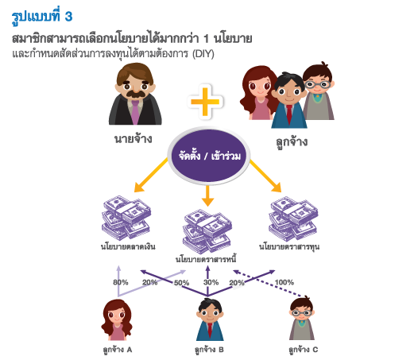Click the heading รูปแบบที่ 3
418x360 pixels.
(x=42, y=17)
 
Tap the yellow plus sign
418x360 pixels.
(x=205, y=102)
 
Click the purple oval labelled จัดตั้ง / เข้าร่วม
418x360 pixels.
(x=209, y=156)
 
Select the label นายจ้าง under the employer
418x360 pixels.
(x=134, y=138)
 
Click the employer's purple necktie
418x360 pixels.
(x=135, y=111)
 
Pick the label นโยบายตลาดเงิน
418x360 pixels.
(x=128, y=246)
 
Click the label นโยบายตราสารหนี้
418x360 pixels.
(x=206, y=259)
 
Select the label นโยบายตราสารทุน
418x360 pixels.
(x=289, y=246)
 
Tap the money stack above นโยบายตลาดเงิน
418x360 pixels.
(x=126, y=218)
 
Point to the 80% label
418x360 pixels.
(x=121, y=282)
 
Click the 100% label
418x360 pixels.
(x=284, y=282)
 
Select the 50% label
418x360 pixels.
(x=181, y=283)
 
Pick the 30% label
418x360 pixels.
(x=211, y=282)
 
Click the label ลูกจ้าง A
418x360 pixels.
(x=118, y=350)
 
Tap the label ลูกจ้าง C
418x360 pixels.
(x=304, y=350)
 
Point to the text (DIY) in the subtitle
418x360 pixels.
(x=203, y=54)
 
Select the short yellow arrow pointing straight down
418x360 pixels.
(x=207, y=195)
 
